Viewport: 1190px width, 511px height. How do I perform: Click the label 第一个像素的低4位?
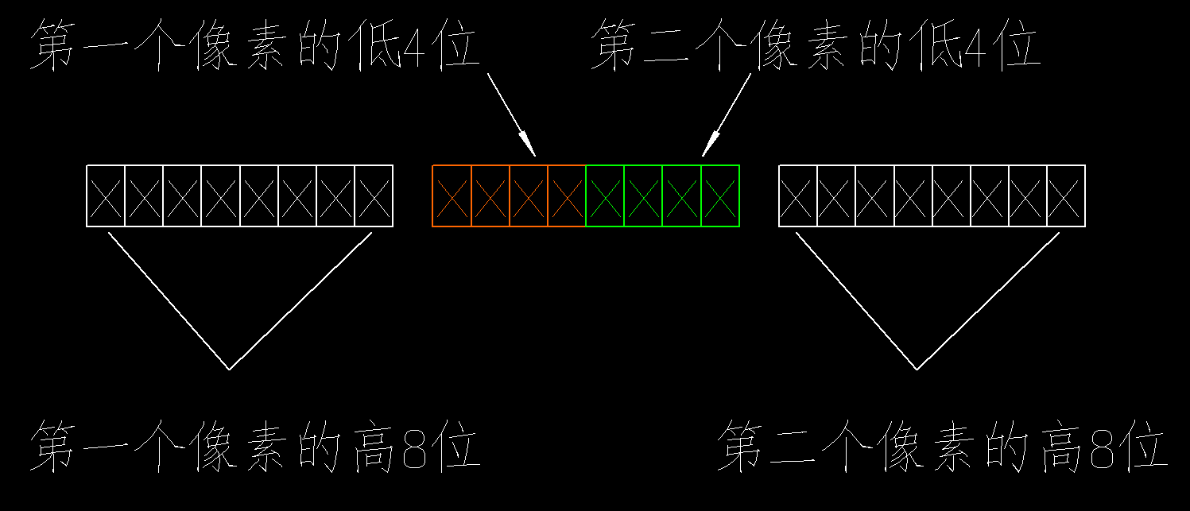255,45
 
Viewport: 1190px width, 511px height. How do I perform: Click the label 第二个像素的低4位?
816,45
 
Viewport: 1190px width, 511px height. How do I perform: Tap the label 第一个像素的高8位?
255,446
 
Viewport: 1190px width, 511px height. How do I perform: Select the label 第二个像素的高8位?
943,446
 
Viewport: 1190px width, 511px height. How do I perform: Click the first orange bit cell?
452,196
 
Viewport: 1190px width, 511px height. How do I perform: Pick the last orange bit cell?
566,196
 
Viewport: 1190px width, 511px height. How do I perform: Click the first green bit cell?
605,196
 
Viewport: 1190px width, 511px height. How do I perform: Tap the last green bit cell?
720,196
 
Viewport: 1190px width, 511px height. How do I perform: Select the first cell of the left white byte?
106,196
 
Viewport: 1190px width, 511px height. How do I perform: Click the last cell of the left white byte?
374,196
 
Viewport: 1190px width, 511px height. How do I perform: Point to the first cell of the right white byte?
798,196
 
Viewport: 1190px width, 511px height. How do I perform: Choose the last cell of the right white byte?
1066,196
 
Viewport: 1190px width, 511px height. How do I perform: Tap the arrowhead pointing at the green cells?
711,143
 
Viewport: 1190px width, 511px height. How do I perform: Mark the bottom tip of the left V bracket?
230,370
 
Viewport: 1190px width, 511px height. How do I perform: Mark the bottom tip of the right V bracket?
917,370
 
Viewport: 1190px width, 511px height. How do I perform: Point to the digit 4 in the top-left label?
414,47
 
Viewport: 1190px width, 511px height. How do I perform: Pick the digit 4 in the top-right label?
975,47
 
